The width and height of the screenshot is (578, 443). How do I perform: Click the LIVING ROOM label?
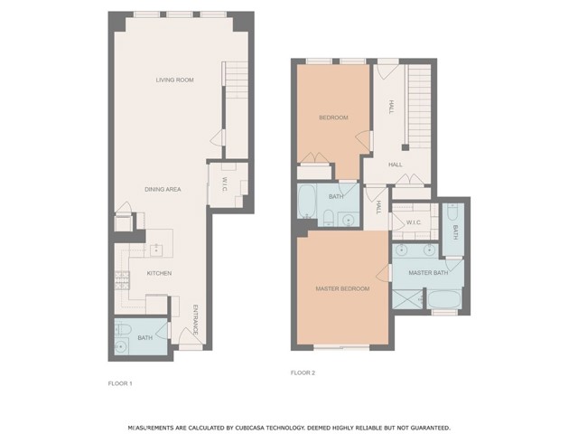174,80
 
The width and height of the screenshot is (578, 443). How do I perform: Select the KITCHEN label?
159,273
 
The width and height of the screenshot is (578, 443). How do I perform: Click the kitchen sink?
155,247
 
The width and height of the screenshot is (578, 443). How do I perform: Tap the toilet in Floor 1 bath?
123,329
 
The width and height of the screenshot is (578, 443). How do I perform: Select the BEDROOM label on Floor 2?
332,118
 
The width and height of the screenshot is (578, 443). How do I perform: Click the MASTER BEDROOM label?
342,288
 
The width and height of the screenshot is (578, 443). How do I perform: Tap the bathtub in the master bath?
443,299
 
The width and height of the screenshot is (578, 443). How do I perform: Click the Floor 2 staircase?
419,104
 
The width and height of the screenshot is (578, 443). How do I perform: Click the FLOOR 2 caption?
303,372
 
